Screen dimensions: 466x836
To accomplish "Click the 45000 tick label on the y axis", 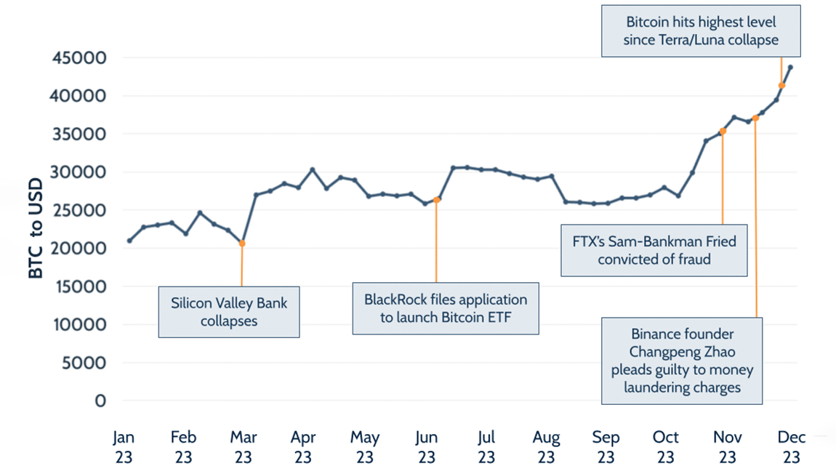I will (x=80, y=57).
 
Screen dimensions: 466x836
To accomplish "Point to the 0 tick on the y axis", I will (x=101, y=401).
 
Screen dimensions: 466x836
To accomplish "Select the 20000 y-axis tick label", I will (x=80, y=248).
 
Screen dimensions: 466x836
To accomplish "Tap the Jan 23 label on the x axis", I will (x=124, y=446).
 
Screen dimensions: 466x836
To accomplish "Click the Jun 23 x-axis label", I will (x=427, y=446).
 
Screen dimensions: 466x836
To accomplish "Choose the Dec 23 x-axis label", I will (x=791, y=446).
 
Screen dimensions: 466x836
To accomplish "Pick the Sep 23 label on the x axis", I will (x=606, y=446).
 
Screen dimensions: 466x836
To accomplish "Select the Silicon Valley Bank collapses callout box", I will (x=229, y=311).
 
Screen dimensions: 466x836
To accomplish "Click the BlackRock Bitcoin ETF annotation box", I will (x=446, y=308).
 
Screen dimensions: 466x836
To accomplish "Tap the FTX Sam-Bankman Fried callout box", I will (x=654, y=249).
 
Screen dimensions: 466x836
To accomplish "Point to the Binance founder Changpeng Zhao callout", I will (x=682, y=361).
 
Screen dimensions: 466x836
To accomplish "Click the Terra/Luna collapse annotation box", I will (x=701, y=31).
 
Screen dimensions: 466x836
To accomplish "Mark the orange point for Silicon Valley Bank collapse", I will (x=241, y=244).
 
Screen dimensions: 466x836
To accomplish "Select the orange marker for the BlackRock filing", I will (x=437, y=199).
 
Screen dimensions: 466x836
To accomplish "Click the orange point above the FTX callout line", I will (x=723, y=131).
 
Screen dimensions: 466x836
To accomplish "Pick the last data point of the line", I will (x=790, y=68).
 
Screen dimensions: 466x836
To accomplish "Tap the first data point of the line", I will (x=129, y=241).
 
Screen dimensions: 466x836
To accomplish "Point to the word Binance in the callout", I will (x=658, y=334).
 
